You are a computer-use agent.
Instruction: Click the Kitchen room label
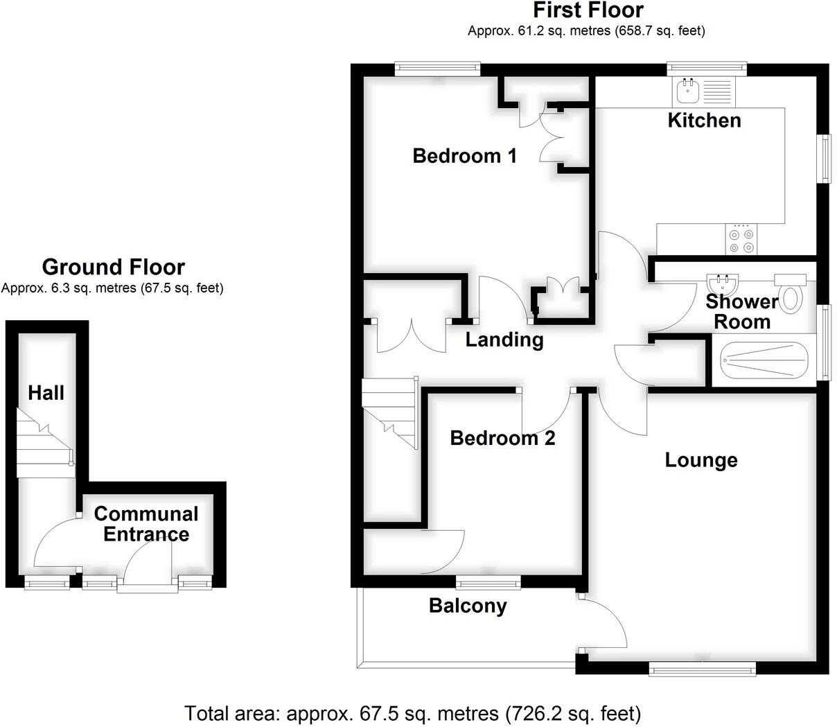(704, 121)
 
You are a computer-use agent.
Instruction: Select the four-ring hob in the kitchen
(741, 240)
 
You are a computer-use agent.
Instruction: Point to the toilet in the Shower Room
(791, 294)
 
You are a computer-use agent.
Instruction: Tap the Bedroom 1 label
(464, 156)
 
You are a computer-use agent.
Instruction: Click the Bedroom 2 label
(502, 438)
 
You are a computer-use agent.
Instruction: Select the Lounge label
(701, 460)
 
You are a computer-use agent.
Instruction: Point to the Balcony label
(468, 606)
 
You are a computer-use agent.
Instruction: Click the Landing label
(504, 340)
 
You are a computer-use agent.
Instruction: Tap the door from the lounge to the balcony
(604, 621)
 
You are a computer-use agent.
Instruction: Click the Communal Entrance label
(146, 524)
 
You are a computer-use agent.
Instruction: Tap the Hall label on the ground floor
(46, 394)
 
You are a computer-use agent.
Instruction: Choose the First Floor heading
(588, 10)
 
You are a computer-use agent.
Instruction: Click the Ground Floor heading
(113, 268)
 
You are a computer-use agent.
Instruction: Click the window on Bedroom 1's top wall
(437, 67)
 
